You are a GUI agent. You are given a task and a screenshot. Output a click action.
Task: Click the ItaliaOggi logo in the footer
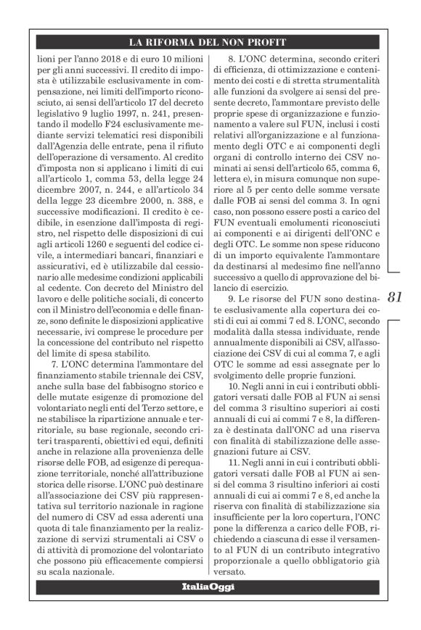pyautogui.click(x=210, y=587)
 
